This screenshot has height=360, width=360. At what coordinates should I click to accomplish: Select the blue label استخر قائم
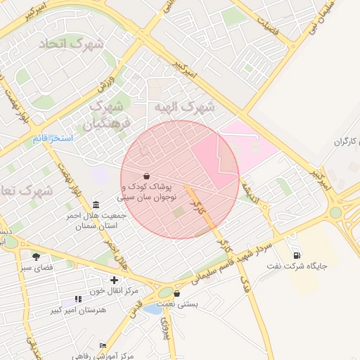pyautogui.click(x=53, y=138)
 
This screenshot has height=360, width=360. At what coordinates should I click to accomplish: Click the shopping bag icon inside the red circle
pyautogui.click(x=146, y=175)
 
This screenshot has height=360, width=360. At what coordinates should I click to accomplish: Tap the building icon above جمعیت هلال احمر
pyautogui.click(x=96, y=205)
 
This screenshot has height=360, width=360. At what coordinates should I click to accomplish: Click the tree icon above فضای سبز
pyautogui.click(x=36, y=256)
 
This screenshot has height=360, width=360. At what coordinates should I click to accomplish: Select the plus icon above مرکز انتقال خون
pyautogui.click(x=114, y=280)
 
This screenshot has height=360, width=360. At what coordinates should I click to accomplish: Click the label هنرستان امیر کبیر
pyautogui.click(x=78, y=309)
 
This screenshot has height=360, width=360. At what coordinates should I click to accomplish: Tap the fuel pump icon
pyautogui.click(x=296, y=255)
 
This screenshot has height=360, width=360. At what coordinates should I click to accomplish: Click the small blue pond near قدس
pyautogui.click(x=152, y=309)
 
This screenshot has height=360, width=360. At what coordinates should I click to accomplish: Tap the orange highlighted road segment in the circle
pyautogui.click(x=201, y=207)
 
